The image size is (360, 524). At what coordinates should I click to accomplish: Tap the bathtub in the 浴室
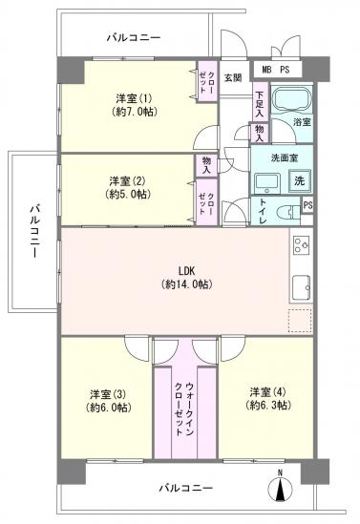(290, 99)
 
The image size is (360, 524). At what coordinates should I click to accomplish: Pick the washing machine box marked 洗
(299, 180)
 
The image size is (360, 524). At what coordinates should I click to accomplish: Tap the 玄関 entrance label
(232, 77)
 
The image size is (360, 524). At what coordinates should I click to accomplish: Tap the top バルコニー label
(134, 37)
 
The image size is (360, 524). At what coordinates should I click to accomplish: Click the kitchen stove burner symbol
(300, 245)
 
